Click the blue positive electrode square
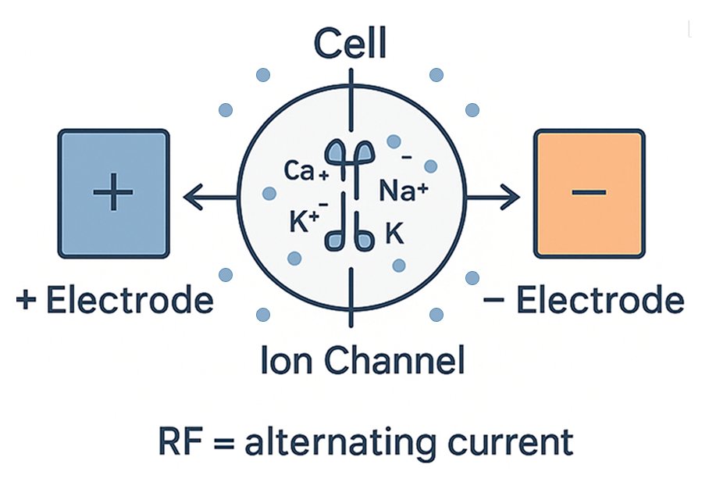(113, 194)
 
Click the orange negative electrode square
(590, 194)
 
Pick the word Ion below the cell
(283, 360)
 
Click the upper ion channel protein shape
(351, 153)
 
